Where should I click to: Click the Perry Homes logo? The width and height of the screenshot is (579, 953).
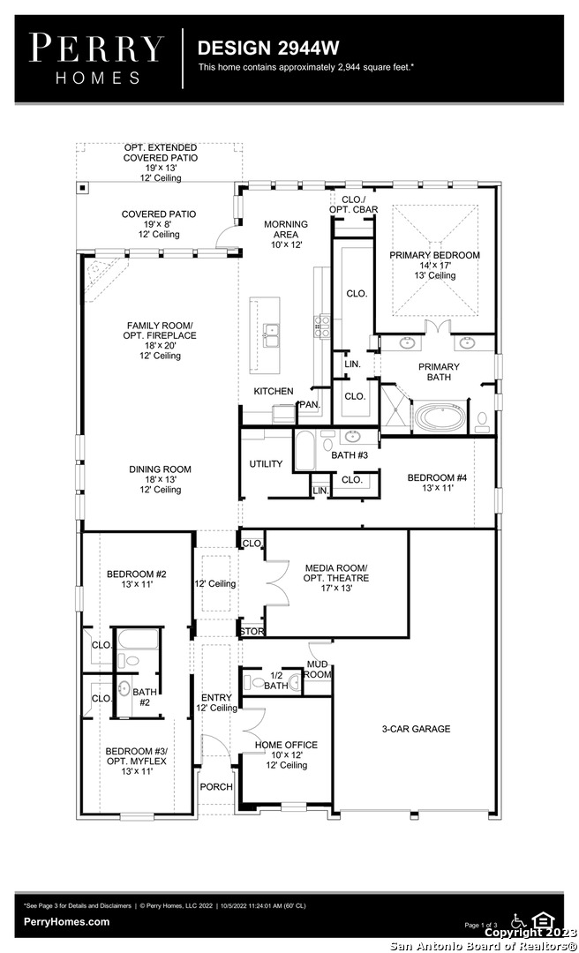click(x=96, y=58)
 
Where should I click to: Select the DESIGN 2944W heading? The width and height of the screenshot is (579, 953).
click(x=267, y=48)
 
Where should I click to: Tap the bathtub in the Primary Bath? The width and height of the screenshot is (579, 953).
click(x=440, y=417)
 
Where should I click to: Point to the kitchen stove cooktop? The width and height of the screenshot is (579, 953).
click(x=322, y=327)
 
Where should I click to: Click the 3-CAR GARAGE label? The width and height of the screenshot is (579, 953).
click(x=416, y=729)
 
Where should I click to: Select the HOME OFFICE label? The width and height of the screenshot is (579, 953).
click(x=286, y=745)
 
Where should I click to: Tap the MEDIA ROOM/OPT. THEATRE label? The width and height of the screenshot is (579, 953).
click(x=336, y=574)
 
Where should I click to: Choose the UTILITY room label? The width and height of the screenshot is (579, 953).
click(x=266, y=464)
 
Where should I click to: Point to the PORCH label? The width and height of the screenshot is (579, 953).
click(x=216, y=786)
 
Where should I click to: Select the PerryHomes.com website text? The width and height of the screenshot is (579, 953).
click(x=67, y=922)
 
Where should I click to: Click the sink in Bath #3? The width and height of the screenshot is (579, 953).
click(x=352, y=436)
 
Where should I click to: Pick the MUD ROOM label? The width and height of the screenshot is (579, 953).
click(x=319, y=669)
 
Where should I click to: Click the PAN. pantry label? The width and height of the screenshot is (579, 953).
click(x=309, y=405)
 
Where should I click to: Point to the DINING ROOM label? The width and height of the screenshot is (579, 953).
click(x=160, y=469)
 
